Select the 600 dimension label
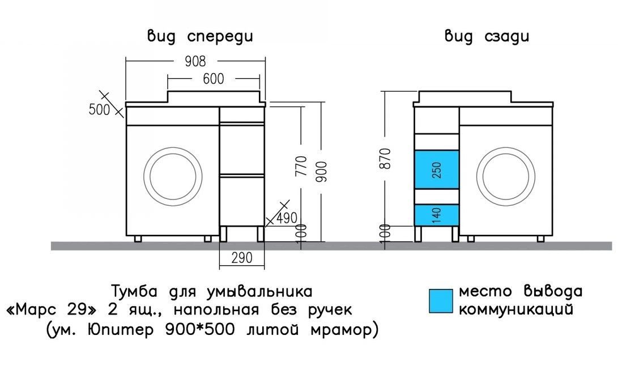pyautogui.click(x=213, y=79)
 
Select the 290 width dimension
pyautogui.click(x=241, y=258)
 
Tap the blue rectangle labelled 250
pyautogui.click(x=436, y=170)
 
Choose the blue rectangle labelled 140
pyautogui.click(x=436, y=215)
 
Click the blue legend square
pyautogui.click(x=441, y=301)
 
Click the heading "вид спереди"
pyautogui.click(x=200, y=37)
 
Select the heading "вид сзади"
pyautogui.click(x=487, y=37)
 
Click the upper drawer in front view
pyautogui.click(x=241, y=148)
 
